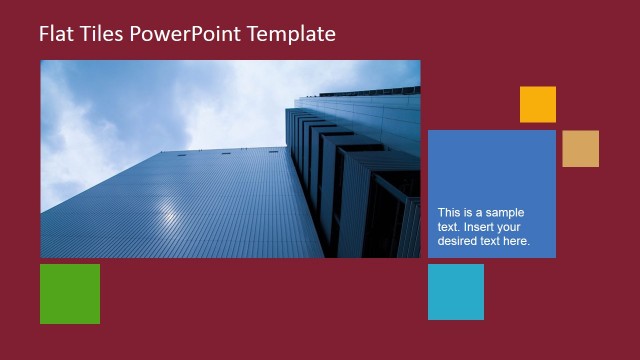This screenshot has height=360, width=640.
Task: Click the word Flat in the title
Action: (56, 34)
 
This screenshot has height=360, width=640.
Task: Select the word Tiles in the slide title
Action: (103, 34)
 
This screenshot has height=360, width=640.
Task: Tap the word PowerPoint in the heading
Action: (194, 34)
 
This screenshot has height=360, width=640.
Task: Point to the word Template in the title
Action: (295, 34)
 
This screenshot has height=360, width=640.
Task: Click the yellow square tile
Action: (537, 104)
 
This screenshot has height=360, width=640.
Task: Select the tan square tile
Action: (580, 148)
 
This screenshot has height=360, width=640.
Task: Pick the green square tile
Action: (70, 293)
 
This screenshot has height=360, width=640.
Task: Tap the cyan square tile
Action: (456, 292)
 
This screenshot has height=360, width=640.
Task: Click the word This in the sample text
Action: (450, 212)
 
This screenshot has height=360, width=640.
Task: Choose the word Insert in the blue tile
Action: (481, 227)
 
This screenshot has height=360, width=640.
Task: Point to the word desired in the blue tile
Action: (459, 241)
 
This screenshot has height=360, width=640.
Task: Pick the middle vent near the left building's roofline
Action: (227, 153)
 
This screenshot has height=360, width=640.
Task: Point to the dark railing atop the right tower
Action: (370, 92)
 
